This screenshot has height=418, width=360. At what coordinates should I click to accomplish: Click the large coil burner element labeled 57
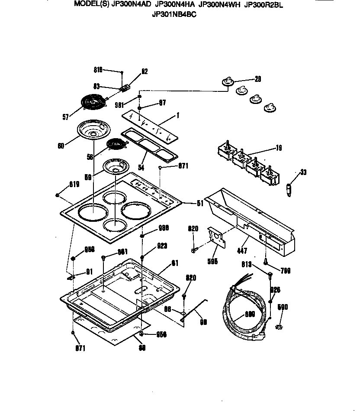click(94, 103)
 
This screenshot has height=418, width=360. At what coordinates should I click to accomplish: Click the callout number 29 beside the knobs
click(258, 79)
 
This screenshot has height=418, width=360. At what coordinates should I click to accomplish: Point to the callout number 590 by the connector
click(282, 307)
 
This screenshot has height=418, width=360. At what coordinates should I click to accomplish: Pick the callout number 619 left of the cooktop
click(74, 185)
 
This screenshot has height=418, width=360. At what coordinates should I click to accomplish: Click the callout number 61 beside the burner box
click(175, 262)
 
